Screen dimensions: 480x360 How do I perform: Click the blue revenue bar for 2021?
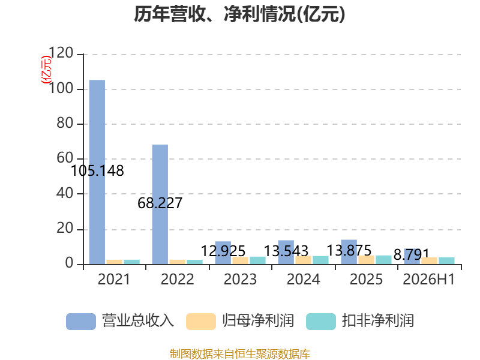point(97,172)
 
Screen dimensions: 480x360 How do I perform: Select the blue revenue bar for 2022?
point(160,204)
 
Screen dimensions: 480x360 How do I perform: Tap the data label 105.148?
point(97,171)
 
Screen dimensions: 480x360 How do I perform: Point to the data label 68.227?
point(160,203)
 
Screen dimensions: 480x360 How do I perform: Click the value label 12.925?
point(223,251)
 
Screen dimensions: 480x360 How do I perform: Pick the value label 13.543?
point(286,251)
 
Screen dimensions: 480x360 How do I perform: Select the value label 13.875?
point(349,250)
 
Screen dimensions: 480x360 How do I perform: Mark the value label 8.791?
point(411,254)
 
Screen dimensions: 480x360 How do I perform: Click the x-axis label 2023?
point(241,279)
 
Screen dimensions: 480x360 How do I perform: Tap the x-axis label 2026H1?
point(429,279)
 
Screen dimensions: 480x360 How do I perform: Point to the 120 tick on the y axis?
point(61,53)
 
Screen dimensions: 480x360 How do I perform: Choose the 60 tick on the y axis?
point(65,158)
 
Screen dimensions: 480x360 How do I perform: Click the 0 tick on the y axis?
point(69,263)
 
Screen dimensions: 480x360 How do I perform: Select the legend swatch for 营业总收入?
point(81,322)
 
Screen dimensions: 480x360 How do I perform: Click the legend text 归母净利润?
point(259,321)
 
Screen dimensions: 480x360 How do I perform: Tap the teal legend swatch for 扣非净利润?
point(321,322)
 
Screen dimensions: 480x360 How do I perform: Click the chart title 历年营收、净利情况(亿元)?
point(239,14)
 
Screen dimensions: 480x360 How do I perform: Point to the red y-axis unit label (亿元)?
point(46,70)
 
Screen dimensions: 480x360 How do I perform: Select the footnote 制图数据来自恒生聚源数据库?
point(240,353)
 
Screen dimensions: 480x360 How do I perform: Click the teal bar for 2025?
point(383,260)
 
